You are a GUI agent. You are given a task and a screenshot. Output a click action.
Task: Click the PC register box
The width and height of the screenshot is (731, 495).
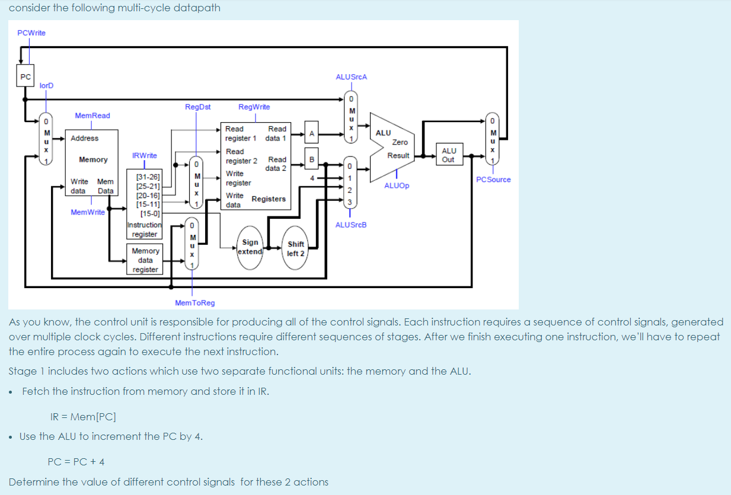[25, 76]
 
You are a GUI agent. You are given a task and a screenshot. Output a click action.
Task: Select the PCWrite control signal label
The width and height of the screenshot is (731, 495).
[31, 33]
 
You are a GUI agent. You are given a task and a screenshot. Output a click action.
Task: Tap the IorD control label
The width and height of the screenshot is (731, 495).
[46, 86]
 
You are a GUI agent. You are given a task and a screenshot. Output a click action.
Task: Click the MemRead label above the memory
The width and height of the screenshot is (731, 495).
[92, 116]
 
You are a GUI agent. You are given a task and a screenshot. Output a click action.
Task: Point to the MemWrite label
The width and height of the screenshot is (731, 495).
[87, 212]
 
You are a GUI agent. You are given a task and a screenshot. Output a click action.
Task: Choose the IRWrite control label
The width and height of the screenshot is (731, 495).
[145, 155]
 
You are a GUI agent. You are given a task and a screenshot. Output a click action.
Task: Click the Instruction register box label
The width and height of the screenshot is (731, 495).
[145, 229]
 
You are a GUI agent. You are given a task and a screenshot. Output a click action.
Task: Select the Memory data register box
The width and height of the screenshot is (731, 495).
[145, 260]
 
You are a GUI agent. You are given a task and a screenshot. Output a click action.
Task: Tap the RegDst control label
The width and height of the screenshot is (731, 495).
[197, 107]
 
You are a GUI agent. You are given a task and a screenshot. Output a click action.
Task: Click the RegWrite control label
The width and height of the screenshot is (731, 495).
[254, 107]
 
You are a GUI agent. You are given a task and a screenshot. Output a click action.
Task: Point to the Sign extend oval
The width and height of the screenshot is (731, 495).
[250, 247]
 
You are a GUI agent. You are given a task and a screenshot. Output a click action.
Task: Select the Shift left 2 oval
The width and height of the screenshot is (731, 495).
[295, 248]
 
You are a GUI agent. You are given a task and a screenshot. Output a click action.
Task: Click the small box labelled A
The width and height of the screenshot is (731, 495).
[311, 133]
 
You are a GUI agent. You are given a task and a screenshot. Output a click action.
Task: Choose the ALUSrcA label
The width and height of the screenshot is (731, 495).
[351, 77]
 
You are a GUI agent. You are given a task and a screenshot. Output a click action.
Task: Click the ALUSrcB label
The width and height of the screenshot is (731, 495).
[351, 225]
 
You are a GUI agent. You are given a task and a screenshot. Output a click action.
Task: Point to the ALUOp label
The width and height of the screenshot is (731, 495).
[396, 186]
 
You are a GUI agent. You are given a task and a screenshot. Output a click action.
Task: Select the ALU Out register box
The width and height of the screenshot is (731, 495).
[448, 155]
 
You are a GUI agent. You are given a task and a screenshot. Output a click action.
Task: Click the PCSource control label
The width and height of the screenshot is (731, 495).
[493, 180]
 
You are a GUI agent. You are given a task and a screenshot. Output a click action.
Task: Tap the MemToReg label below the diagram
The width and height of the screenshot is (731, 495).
[195, 303]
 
